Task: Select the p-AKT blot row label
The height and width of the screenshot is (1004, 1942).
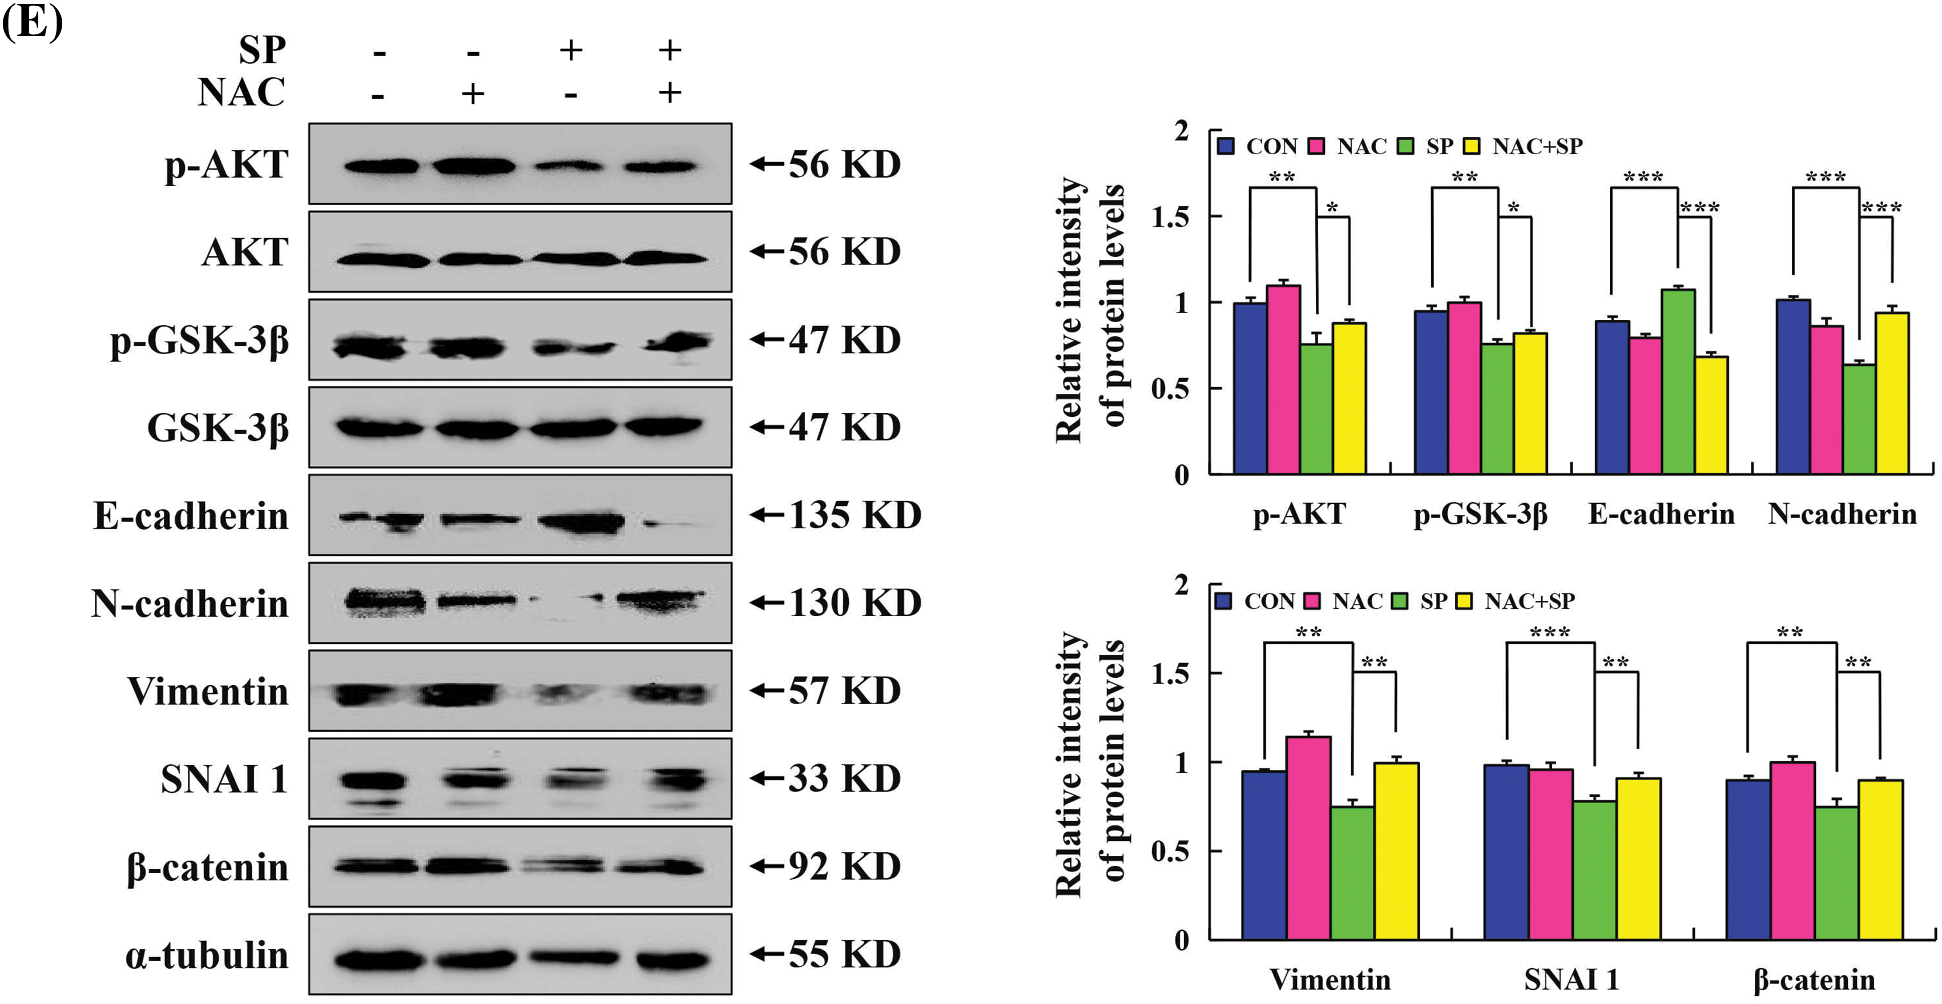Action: pyautogui.click(x=226, y=165)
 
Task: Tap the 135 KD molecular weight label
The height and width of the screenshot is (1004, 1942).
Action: pyautogui.click(x=854, y=515)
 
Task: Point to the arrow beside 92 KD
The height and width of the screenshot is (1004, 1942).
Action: pyautogui.click(x=767, y=866)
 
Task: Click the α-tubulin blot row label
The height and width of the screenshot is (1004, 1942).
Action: pyautogui.click(x=207, y=955)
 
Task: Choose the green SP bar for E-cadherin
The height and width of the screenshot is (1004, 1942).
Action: pyautogui.click(x=1678, y=381)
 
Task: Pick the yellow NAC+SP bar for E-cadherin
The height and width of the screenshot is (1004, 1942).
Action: pyautogui.click(x=1711, y=415)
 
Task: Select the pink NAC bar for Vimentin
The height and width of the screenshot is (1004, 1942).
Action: pyautogui.click(x=1308, y=837)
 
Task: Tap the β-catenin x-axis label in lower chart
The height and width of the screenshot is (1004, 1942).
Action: pyautogui.click(x=1814, y=979)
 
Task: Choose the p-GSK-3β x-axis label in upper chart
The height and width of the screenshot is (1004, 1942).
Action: pyautogui.click(x=1480, y=515)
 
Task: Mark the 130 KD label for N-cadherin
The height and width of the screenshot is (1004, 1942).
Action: pyautogui.click(x=854, y=603)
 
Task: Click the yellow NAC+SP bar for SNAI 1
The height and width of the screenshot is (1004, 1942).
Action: pyautogui.click(x=1638, y=858)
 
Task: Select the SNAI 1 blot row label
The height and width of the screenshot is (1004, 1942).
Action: pyautogui.click(x=224, y=779)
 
